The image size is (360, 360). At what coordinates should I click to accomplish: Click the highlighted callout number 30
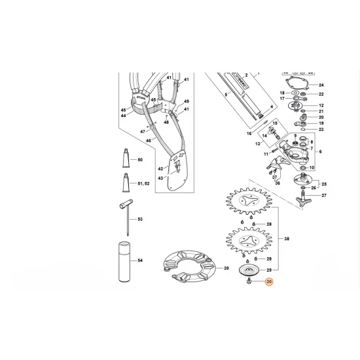click(268, 283)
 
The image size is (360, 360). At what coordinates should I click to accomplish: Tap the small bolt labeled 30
click(251, 283)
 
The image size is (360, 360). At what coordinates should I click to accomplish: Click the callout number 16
click(249, 132)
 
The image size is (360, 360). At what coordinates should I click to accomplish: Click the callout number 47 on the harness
click(141, 131)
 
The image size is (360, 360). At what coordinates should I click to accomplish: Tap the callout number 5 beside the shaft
click(226, 95)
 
